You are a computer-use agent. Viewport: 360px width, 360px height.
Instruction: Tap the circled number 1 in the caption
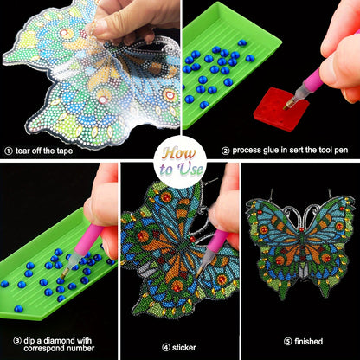9,151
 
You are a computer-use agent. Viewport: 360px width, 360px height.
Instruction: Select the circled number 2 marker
225,151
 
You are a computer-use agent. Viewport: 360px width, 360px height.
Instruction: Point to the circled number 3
17,341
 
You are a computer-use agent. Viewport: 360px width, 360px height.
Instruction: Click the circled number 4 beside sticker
166,348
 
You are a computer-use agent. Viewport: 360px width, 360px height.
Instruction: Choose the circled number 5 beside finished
288,342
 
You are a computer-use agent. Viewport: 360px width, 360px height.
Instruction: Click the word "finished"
308,342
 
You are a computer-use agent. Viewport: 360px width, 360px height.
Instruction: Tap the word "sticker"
184,348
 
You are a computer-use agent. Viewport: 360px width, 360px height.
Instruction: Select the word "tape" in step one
64,151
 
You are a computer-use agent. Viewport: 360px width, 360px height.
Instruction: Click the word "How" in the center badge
179,153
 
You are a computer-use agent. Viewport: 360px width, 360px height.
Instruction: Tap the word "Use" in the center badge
190,170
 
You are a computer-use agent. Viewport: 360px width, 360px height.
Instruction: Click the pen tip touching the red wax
286,107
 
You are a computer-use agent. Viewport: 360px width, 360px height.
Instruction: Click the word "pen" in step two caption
342,151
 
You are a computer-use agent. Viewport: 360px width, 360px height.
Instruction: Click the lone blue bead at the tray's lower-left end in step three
19,309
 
